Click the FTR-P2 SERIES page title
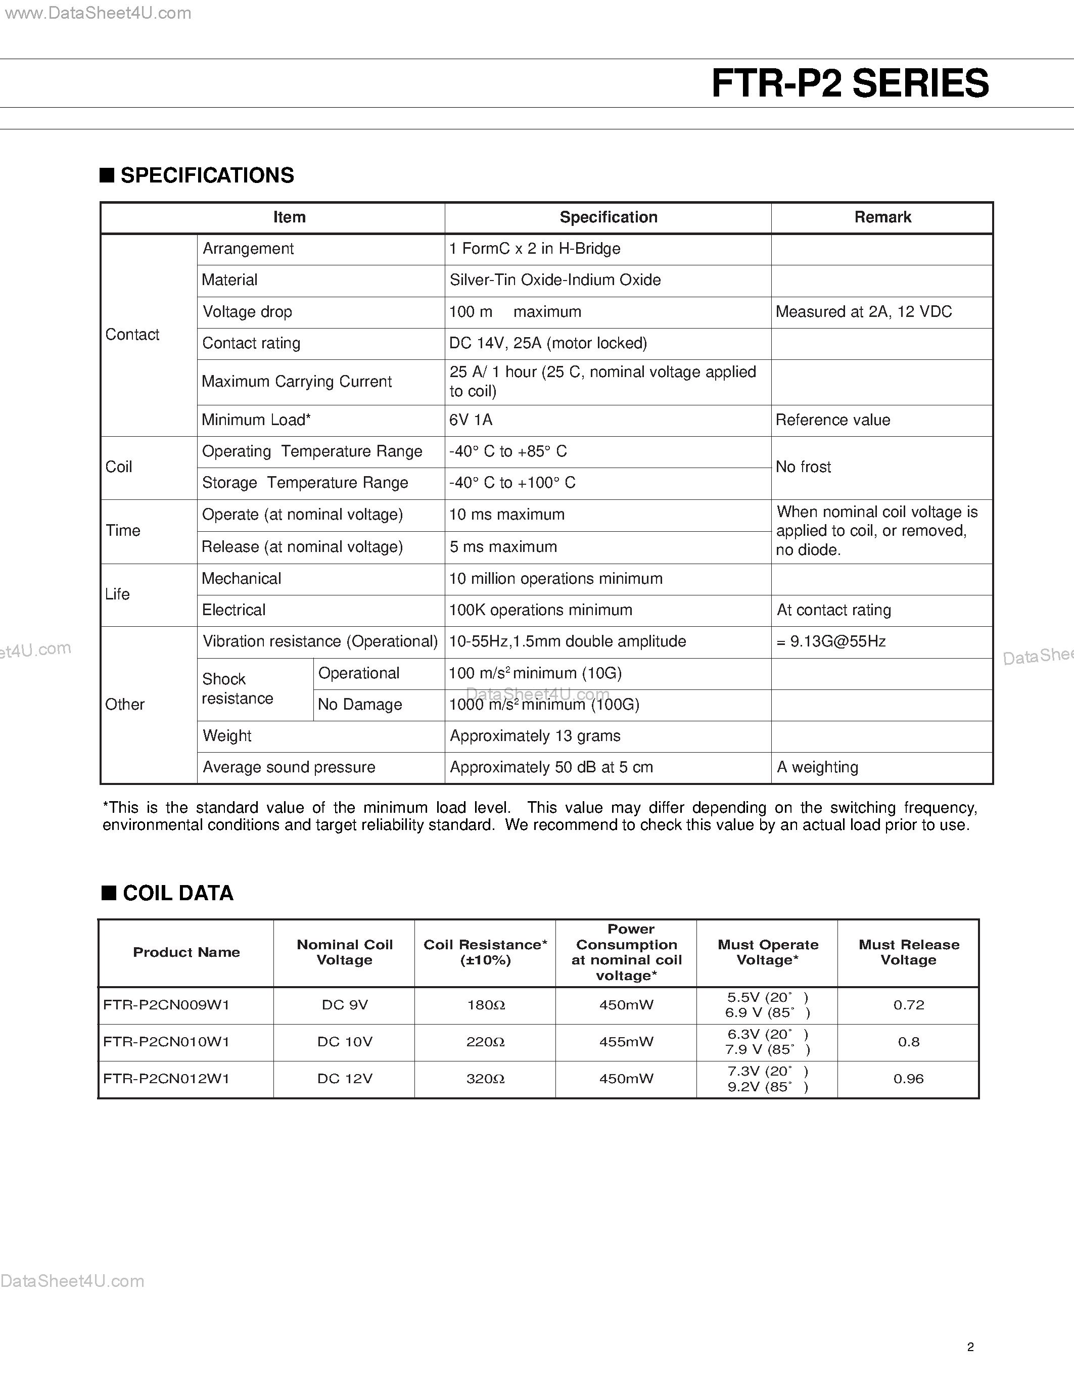(850, 83)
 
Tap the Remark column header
(882, 218)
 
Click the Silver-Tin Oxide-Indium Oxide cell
(555, 280)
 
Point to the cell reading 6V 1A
(471, 420)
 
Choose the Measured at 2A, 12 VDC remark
(863, 312)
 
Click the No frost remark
(803, 467)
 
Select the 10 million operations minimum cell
(555, 579)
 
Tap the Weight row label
(227, 736)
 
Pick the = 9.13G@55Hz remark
(831, 641)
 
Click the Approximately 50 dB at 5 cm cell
(551, 768)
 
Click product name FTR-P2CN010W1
(166, 1042)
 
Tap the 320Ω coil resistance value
(486, 1079)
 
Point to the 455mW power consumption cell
(626, 1042)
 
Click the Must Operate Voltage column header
(767, 952)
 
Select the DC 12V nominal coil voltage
(344, 1079)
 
